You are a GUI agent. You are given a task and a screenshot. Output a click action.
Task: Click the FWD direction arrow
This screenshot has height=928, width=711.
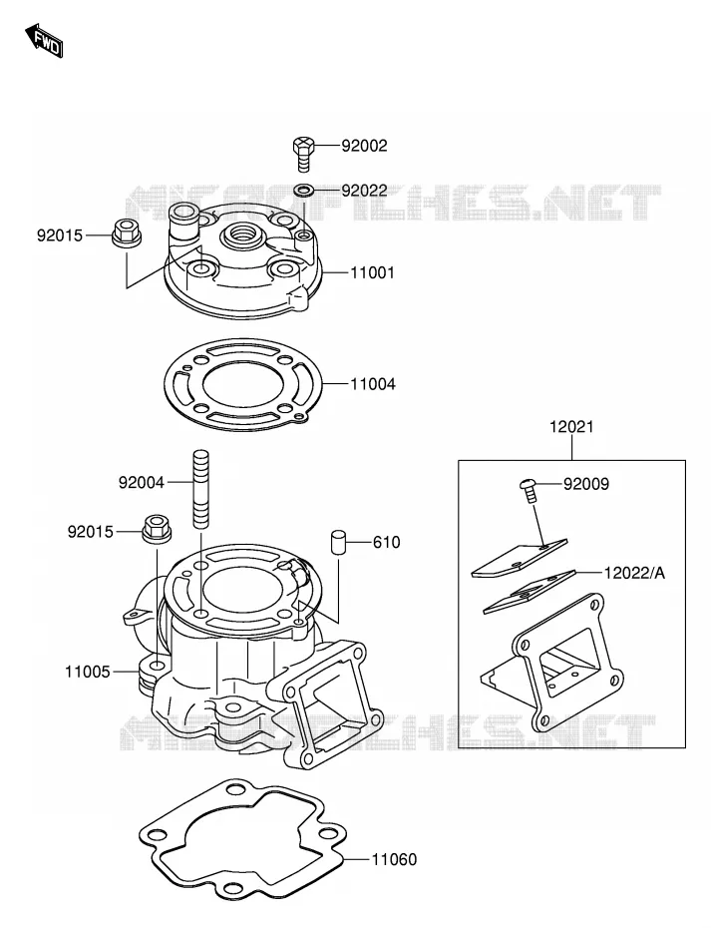tap(44, 41)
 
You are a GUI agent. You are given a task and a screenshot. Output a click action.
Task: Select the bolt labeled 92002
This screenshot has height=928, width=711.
tap(303, 153)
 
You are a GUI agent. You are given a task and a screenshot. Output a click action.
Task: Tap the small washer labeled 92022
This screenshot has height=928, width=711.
tap(304, 190)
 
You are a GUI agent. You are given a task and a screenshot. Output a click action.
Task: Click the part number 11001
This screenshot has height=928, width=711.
tap(373, 272)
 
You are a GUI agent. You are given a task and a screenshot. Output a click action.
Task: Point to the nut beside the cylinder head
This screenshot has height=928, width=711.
tap(126, 233)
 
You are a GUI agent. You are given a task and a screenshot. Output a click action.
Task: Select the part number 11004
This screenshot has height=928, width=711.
tap(373, 384)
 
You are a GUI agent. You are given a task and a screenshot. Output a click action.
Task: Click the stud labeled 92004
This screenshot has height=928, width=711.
tap(200, 489)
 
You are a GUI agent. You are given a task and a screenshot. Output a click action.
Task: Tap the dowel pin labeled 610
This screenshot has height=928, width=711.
tap(337, 543)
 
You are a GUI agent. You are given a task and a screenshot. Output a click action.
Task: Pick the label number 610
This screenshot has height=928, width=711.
tap(386, 542)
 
